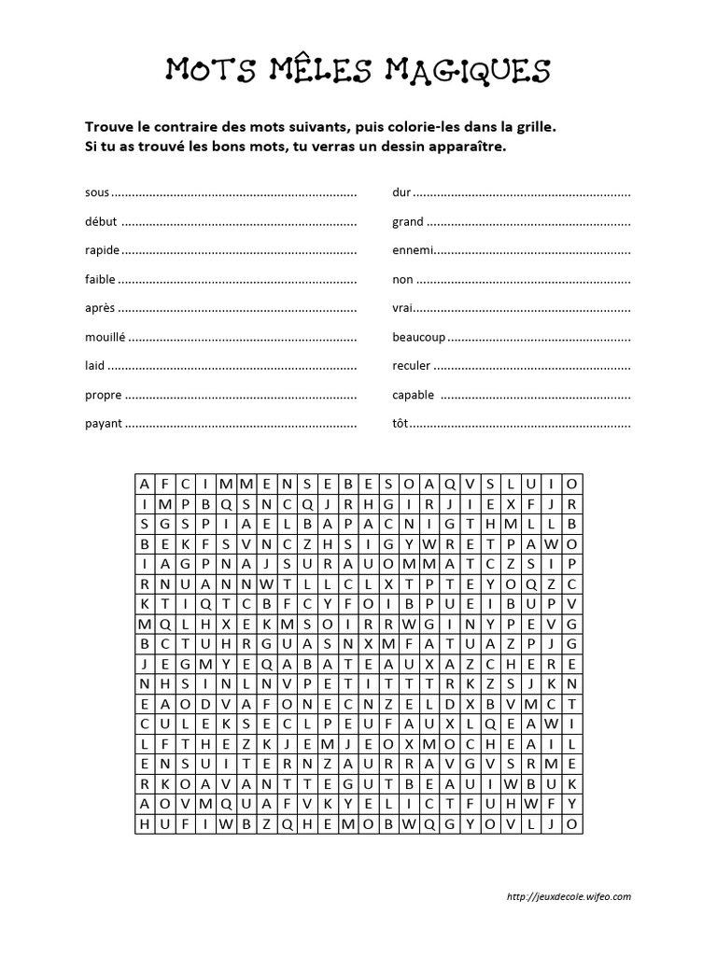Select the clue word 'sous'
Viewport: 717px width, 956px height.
(x=96, y=193)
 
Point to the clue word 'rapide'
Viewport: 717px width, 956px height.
(x=102, y=251)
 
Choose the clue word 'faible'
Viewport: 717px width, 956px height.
(x=100, y=279)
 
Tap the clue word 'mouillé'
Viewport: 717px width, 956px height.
(x=106, y=337)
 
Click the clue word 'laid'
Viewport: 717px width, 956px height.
(x=94, y=366)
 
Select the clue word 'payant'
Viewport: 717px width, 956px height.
(x=103, y=424)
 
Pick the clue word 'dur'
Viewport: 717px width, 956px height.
(x=401, y=193)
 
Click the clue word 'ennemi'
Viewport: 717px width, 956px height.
(x=413, y=251)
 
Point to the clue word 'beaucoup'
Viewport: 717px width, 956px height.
(x=419, y=337)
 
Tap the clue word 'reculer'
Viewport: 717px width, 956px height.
(x=412, y=366)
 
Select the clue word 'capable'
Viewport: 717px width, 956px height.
(x=413, y=395)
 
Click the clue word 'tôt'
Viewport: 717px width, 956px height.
(x=401, y=424)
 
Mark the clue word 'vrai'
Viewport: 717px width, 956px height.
(x=402, y=308)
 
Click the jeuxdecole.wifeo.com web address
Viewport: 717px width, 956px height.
(x=569, y=897)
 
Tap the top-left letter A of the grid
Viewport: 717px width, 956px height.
(x=145, y=484)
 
